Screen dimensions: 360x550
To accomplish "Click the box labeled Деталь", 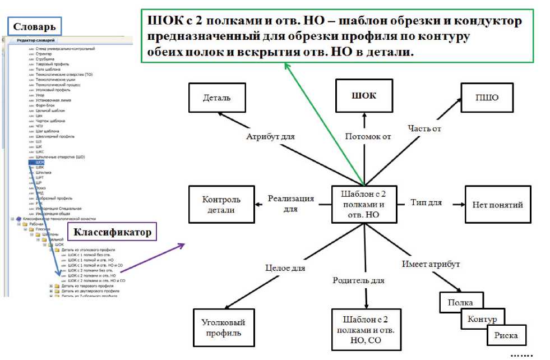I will click(217, 98).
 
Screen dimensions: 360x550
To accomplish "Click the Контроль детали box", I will click(221, 205).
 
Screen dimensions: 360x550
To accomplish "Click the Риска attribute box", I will click(506, 336).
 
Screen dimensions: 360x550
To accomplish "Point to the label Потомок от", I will click(368, 136).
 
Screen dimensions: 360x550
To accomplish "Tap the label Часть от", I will click(424, 128).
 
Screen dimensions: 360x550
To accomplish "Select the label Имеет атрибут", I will click(431, 264).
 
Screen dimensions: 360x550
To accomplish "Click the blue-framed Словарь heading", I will click(34, 26).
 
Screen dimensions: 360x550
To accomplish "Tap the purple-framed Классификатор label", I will click(112, 232).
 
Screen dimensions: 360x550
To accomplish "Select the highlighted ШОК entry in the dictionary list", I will click(39, 162).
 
